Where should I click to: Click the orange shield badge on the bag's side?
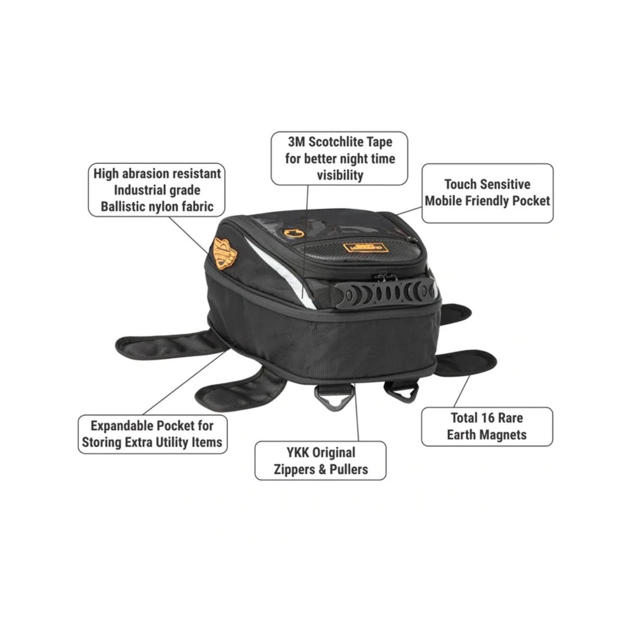pos(225,253)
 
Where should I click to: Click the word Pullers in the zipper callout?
pos(349,469)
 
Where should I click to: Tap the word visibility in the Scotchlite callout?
pos(340,175)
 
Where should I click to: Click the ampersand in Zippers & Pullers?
pos(322,469)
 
